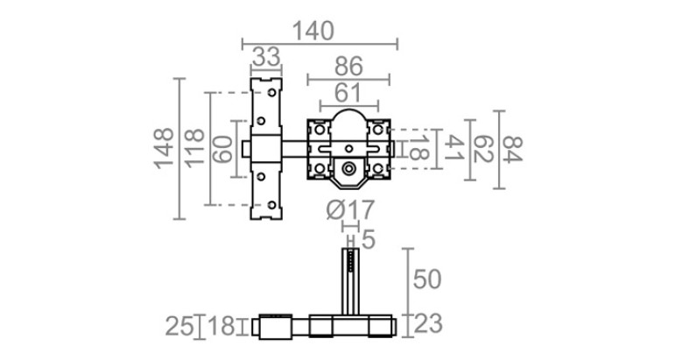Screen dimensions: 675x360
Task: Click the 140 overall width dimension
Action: (x=313, y=31)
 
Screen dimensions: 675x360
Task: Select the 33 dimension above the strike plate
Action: (x=266, y=57)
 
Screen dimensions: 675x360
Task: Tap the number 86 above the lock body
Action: (x=348, y=67)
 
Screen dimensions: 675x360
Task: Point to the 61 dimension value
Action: (x=348, y=93)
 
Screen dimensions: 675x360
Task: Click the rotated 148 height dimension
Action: (x=164, y=149)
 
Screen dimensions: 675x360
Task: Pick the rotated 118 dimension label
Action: (x=194, y=148)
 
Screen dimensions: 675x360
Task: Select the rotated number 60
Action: (x=223, y=149)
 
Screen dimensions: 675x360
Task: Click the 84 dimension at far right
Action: (x=513, y=150)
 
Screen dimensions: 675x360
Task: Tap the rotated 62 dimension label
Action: (x=483, y=149)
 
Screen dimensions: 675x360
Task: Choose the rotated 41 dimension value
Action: (x=454, y=148)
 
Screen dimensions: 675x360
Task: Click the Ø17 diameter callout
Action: (x=350, y=210)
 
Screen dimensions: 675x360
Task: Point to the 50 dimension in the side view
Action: (x=427, y=279)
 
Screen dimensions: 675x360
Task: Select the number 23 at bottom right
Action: (x=428, y=324)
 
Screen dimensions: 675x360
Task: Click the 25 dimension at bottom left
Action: (x=180, y=327)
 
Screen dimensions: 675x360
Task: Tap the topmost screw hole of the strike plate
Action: (x=272, y=93)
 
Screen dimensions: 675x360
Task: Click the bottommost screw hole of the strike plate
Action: (x=272, y=205)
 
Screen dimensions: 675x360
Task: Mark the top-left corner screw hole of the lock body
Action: (x=320, y=129)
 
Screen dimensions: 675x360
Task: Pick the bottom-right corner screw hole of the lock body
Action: (x=378, y=168)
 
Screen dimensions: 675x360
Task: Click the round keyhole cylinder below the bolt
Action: (x=348, y=169)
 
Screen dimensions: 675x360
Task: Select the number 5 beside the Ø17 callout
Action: (x=369, y=239)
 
